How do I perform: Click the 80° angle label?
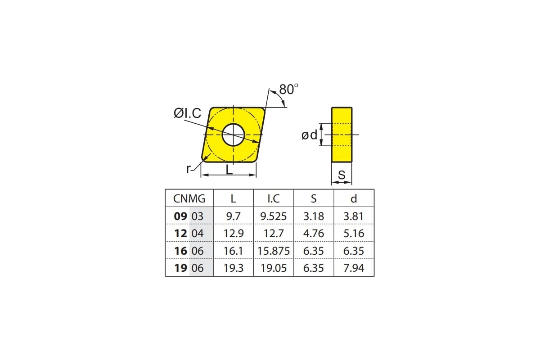pos(288,90)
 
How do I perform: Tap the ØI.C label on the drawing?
pos(187,113)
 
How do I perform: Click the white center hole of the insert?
pos(234,135)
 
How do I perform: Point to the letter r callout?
pos(189,169)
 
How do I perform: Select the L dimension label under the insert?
pos(229,170)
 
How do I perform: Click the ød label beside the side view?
pos(309,135)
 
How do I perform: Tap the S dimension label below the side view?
pos(342,175)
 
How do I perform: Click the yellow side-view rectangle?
pos(342,135)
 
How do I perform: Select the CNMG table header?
pos(189,199)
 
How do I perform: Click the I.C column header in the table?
pos(274,199)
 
